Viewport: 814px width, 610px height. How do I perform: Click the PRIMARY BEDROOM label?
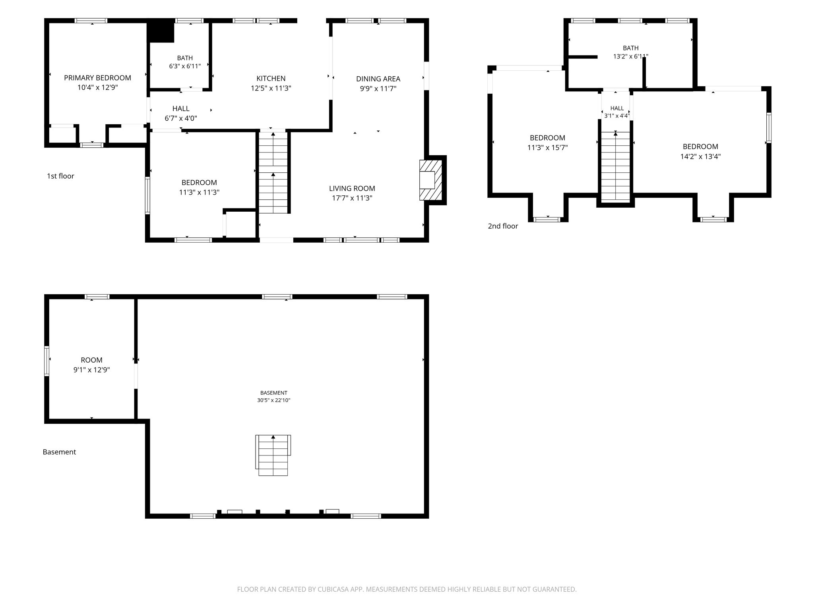97,78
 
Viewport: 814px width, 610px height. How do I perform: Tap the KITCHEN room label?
271,79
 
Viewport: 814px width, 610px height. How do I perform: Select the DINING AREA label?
378,79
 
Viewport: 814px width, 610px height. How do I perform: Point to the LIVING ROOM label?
352,189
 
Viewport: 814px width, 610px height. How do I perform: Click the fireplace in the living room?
430,180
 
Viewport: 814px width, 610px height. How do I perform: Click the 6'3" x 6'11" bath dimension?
185,66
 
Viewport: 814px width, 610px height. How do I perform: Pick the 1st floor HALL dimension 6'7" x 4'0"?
181,118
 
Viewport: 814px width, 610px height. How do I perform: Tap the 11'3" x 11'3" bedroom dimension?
199,192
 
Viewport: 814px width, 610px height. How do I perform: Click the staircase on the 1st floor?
273,173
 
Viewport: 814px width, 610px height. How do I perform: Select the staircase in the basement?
273,455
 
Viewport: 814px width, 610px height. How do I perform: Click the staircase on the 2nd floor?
615,166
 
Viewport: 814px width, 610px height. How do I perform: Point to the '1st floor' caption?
60,176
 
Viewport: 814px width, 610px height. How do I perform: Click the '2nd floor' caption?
503,226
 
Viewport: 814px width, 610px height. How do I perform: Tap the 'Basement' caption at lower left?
59,452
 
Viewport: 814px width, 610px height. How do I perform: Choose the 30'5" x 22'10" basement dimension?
273,400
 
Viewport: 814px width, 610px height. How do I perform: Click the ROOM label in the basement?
91,360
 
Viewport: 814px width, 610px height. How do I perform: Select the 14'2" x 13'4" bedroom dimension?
700,156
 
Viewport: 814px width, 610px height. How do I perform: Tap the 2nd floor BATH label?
631,48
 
